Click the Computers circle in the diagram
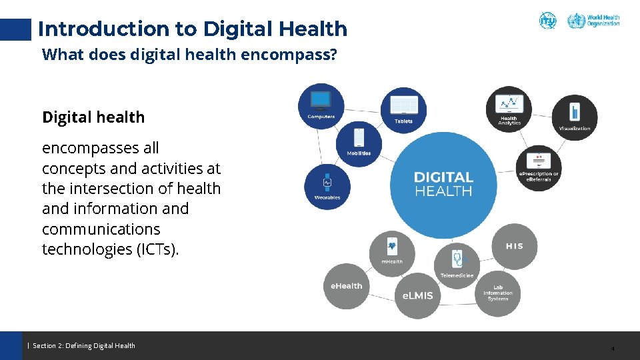coord(321,106)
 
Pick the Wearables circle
coord(327,186)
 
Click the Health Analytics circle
coord(509,109)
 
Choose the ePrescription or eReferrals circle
coord(539,167)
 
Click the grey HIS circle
coord(514,246)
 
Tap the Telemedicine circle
coord(457,265)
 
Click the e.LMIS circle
coord(417,295)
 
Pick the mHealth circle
coord(392,253)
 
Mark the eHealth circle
coord(347,286)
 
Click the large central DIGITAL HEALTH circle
coord(443,185)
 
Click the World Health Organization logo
coord(593,21)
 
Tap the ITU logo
coord(547,21)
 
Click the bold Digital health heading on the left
coord(93,117)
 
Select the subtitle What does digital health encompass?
coord(189,55)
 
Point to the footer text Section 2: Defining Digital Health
coord(84,345)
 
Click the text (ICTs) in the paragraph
coord(157,249)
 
